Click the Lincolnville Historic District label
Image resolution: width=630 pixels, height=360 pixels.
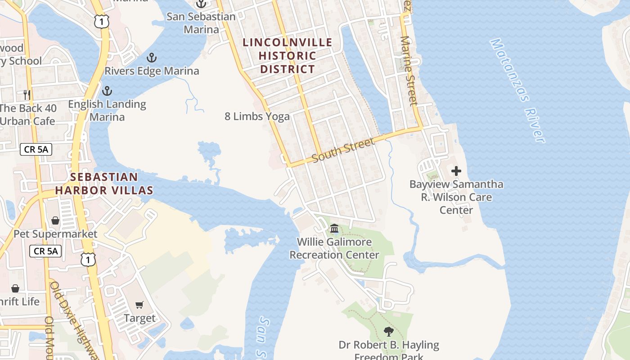(288, 56)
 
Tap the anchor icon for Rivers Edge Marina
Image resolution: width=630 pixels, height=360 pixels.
(152, 58)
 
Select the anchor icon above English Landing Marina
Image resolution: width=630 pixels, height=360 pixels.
(107, 91)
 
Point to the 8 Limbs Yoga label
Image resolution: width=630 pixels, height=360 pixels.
(257, 117)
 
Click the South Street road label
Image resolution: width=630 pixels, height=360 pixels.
(343, 150)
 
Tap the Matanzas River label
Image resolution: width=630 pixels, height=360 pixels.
(518, 90)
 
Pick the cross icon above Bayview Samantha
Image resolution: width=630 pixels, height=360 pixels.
(456, 171)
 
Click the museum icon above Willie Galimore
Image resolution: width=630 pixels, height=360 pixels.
(334, 229)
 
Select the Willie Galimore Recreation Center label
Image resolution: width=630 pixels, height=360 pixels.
(334, 248)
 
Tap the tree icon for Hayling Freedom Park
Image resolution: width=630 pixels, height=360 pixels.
(388, 332)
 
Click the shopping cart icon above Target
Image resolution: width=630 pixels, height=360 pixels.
(139, 305)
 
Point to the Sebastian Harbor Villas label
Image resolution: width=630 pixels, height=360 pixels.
(104, 184)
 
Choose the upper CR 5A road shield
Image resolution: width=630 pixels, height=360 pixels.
(36, 149)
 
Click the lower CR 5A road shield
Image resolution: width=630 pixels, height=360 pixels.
(45, 251)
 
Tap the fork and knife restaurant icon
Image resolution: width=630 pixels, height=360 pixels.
(27, 94)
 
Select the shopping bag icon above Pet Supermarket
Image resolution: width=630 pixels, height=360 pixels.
(55, 220)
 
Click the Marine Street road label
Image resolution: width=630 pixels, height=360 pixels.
(409, 71)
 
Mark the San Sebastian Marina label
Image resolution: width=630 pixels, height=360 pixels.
(201, 23)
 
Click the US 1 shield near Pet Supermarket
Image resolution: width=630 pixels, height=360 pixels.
(88, 259)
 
